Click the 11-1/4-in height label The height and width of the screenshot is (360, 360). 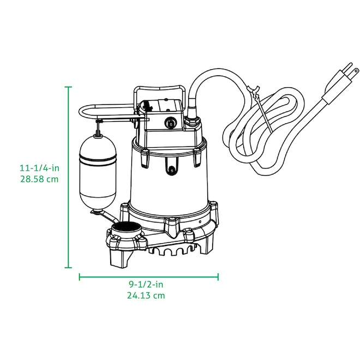click(39, 168)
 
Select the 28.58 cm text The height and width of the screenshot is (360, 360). click(39, 179)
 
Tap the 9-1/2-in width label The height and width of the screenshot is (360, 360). click(146, 285)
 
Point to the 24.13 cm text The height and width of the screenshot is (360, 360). click(146, 296)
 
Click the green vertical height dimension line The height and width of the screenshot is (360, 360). click(68, 177)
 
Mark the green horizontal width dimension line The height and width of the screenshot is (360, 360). click(149, 277)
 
